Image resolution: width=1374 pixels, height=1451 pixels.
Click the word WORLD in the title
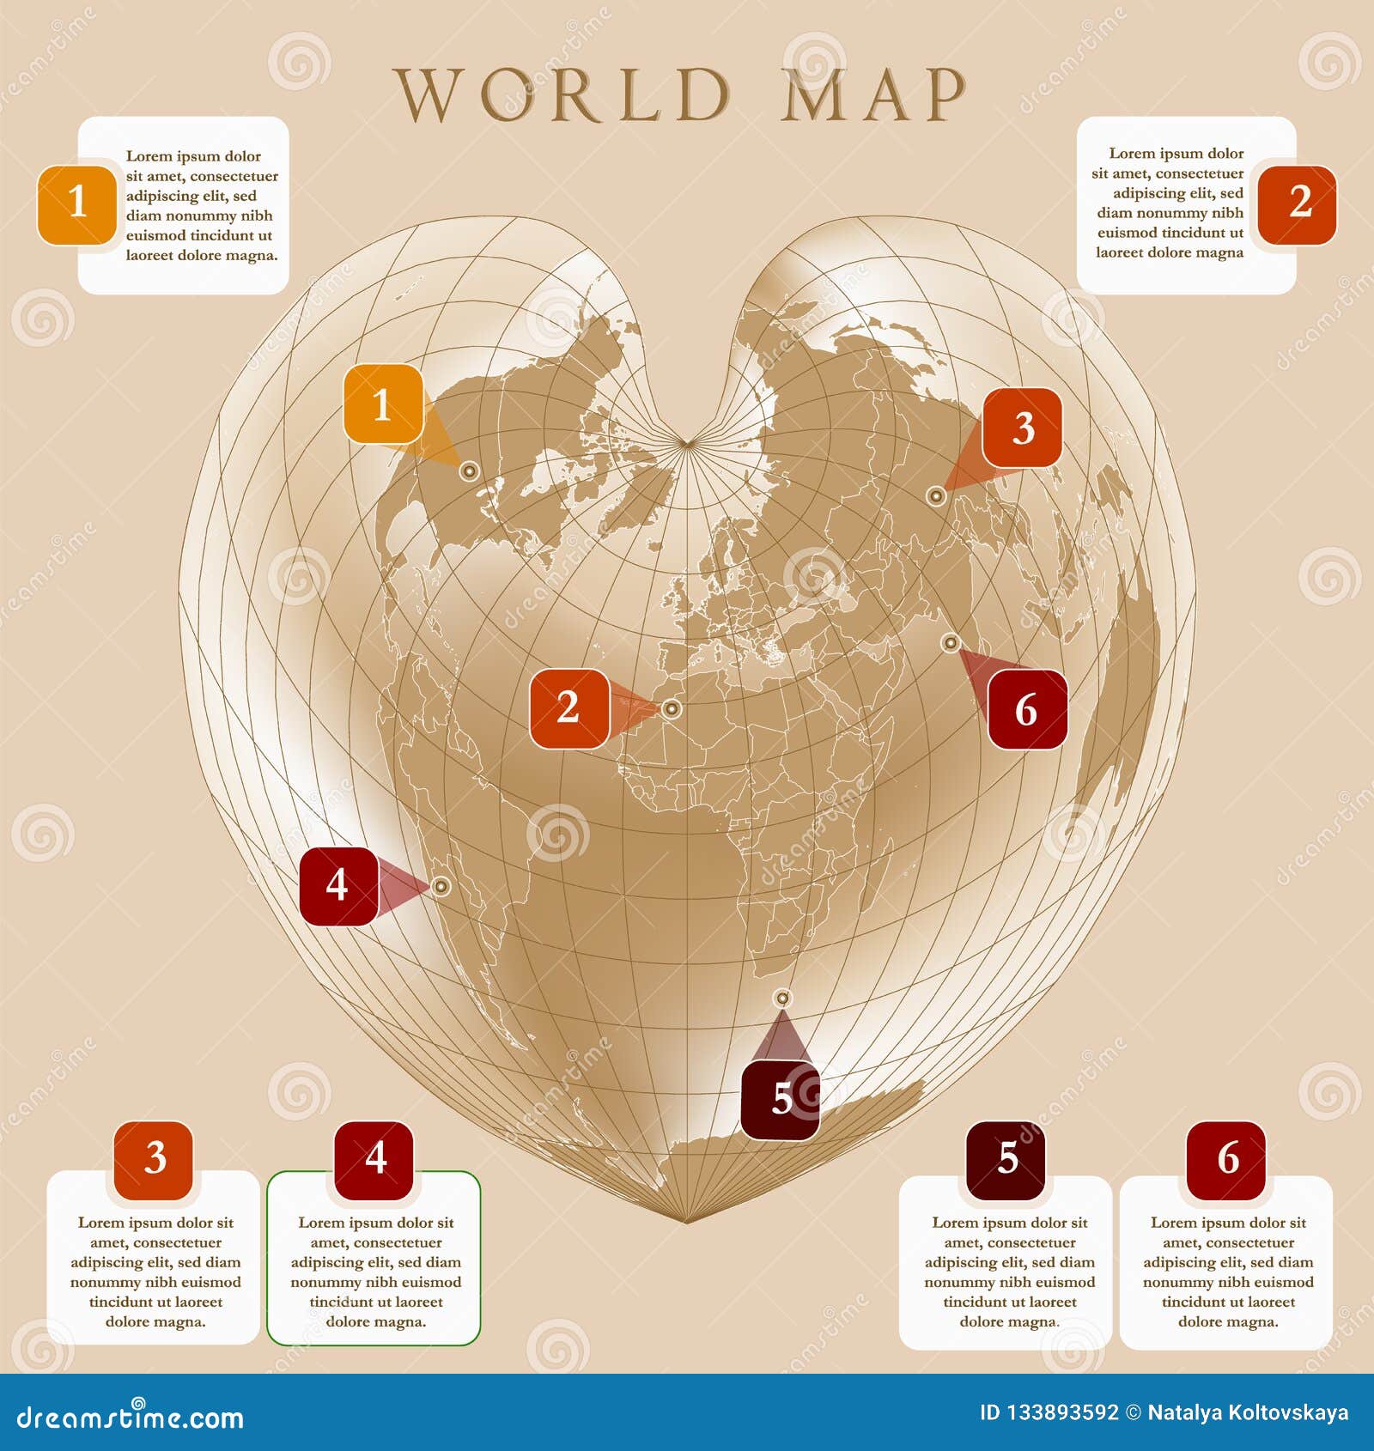[x=562, y=94]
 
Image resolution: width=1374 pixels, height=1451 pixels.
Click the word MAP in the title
[x=873, y=94]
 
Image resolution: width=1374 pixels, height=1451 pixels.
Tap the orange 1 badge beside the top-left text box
[x=76, y=203]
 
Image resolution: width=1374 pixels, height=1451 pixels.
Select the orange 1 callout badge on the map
[x=383, y=404]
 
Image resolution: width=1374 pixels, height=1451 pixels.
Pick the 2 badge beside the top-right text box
[x=1298, y=203]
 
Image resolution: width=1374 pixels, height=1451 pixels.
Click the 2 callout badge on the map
[x=568, y=708]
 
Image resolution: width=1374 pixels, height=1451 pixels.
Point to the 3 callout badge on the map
[x=1022, y=428]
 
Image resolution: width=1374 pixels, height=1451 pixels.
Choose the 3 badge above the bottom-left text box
[x=154, y=1159]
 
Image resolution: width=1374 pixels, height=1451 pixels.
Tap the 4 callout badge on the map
[x=337, y=885]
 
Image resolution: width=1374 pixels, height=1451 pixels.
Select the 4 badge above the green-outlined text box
[x=374, y=1159]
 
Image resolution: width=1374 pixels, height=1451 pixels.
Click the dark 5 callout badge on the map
[x=780, y=1100]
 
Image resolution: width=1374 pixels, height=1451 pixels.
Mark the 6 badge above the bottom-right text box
[x=1226, y=1159]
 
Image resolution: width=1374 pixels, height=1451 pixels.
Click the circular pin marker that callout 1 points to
[x=468, y=471]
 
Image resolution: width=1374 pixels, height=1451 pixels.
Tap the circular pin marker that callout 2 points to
[x=672, y=709]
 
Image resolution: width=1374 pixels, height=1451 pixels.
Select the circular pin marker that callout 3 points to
[x=936, y=495]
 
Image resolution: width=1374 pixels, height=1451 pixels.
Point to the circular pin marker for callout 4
[x=441, y=886]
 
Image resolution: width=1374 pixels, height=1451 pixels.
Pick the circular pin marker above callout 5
[x=781, y=998]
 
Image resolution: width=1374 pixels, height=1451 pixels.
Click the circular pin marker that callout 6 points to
[x=950, y=642]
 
